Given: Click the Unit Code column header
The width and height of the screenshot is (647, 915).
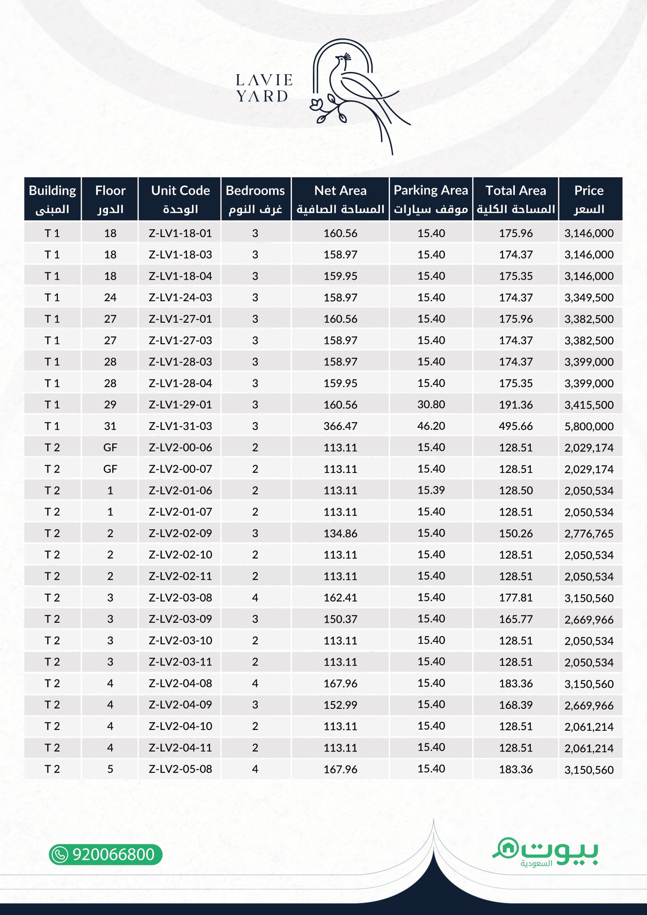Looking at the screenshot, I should (x=180, y=199).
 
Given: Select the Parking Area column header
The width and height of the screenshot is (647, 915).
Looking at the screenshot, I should (x=431, y=199).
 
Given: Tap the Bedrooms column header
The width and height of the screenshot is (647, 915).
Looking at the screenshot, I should (x=255, y=199).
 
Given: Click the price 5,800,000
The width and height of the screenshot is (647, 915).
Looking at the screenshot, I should (x=588, y=426).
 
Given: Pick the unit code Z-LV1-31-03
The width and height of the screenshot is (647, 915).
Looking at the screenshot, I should (x=180, y=426).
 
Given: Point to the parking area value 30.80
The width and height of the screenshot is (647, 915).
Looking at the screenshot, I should (x=431, y=404).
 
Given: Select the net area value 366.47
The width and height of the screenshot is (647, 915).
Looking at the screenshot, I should (x=340, y=426).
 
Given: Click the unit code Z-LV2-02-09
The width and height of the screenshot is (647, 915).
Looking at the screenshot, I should (x=180, y=533).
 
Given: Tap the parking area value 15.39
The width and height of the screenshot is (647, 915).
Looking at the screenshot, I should (x=431, y=490).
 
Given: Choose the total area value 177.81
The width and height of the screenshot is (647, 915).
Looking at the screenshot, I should (x=516, y=598).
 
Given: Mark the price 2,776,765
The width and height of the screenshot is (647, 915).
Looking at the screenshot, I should (x=588, y=534).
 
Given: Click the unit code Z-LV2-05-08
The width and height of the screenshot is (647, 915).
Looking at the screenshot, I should (x=180, y=769).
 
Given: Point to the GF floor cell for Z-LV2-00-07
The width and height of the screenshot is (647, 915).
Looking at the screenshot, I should (x=110, y=469).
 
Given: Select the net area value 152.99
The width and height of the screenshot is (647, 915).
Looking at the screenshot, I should (x=340, y=705).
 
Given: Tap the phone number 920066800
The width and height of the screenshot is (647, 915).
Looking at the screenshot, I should (x=113, y=854).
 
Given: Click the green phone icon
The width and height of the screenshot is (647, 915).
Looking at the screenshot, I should (x=60, y=855).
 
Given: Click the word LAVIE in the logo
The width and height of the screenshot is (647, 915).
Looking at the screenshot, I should (x=264, y=80).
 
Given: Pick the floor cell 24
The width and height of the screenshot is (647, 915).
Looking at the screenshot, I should (x=110, y=297).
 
